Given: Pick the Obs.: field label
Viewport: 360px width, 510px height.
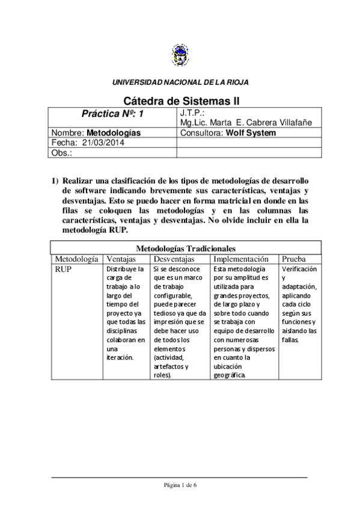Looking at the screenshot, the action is point(62,153).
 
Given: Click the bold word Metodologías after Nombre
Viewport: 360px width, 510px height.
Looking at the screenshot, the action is point(114,133).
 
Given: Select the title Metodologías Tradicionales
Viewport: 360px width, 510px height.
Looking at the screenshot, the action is point(180,248).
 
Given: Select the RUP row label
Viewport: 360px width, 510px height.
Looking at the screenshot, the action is point(64,269).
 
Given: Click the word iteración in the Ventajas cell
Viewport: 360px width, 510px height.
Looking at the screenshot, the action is point(119,357).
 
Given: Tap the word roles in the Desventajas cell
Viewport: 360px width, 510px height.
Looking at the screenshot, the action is point(162,375).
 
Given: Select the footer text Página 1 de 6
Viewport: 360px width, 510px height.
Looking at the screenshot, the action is point(180,485).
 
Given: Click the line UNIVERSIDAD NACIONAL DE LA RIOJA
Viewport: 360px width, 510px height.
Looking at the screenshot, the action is point(180,82).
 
